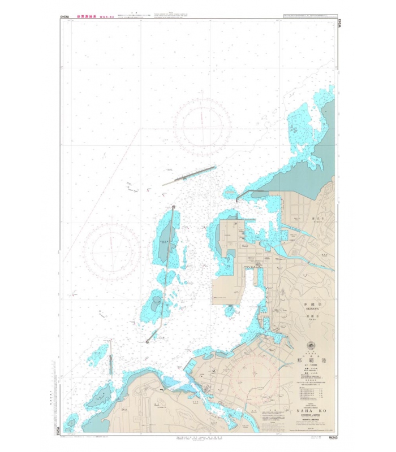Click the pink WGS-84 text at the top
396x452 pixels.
(x=115, y=17)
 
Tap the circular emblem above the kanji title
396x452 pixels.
(x=309, y=345)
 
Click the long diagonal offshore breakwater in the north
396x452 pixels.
(x=189, y=175)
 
